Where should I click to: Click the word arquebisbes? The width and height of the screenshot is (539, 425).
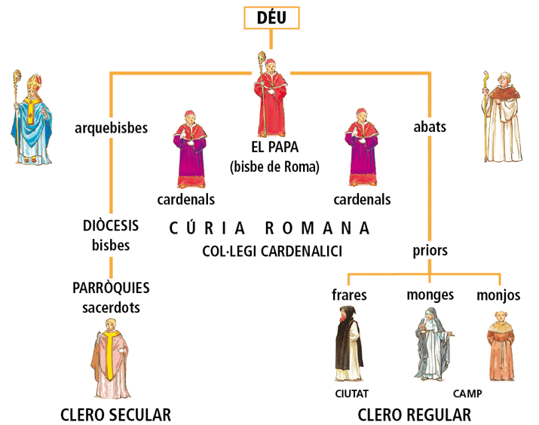tap(112, 127)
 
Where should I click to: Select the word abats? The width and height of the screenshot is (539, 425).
tap(430, 127)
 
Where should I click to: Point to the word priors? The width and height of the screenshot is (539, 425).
tap(430, 250)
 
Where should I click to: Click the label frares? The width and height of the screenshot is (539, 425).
tap(349, 295)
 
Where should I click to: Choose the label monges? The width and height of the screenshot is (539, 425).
tap(430, 295)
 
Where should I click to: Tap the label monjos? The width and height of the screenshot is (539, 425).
tap(498, 295)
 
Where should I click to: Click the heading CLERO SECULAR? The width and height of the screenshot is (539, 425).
tap(115, 414)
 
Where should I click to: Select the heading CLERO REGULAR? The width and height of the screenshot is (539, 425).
tap(414, 414)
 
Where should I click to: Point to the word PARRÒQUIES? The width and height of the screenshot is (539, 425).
tap(112, 288)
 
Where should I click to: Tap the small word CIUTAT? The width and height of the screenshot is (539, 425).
tap(351, 393)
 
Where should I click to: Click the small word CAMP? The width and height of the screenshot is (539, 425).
tap(467, 393)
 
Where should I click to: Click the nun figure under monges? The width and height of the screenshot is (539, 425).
tap(430, 343)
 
